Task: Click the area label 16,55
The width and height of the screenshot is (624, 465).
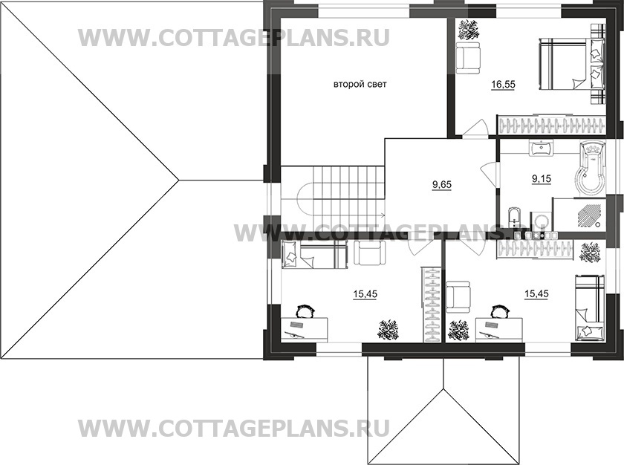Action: point(503,85)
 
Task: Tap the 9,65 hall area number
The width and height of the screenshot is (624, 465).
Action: point(442,180)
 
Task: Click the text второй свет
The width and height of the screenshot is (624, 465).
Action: point(360,85)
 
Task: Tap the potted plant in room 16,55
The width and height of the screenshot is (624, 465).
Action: point(469,30)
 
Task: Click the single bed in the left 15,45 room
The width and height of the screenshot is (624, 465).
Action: point(312,254)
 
